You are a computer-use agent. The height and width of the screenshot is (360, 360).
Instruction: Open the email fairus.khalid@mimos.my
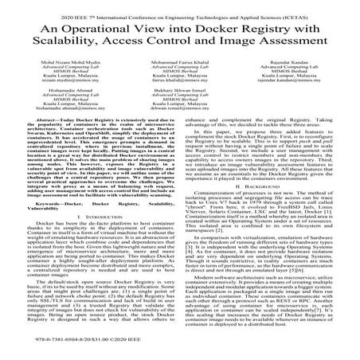pos(179,101)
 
